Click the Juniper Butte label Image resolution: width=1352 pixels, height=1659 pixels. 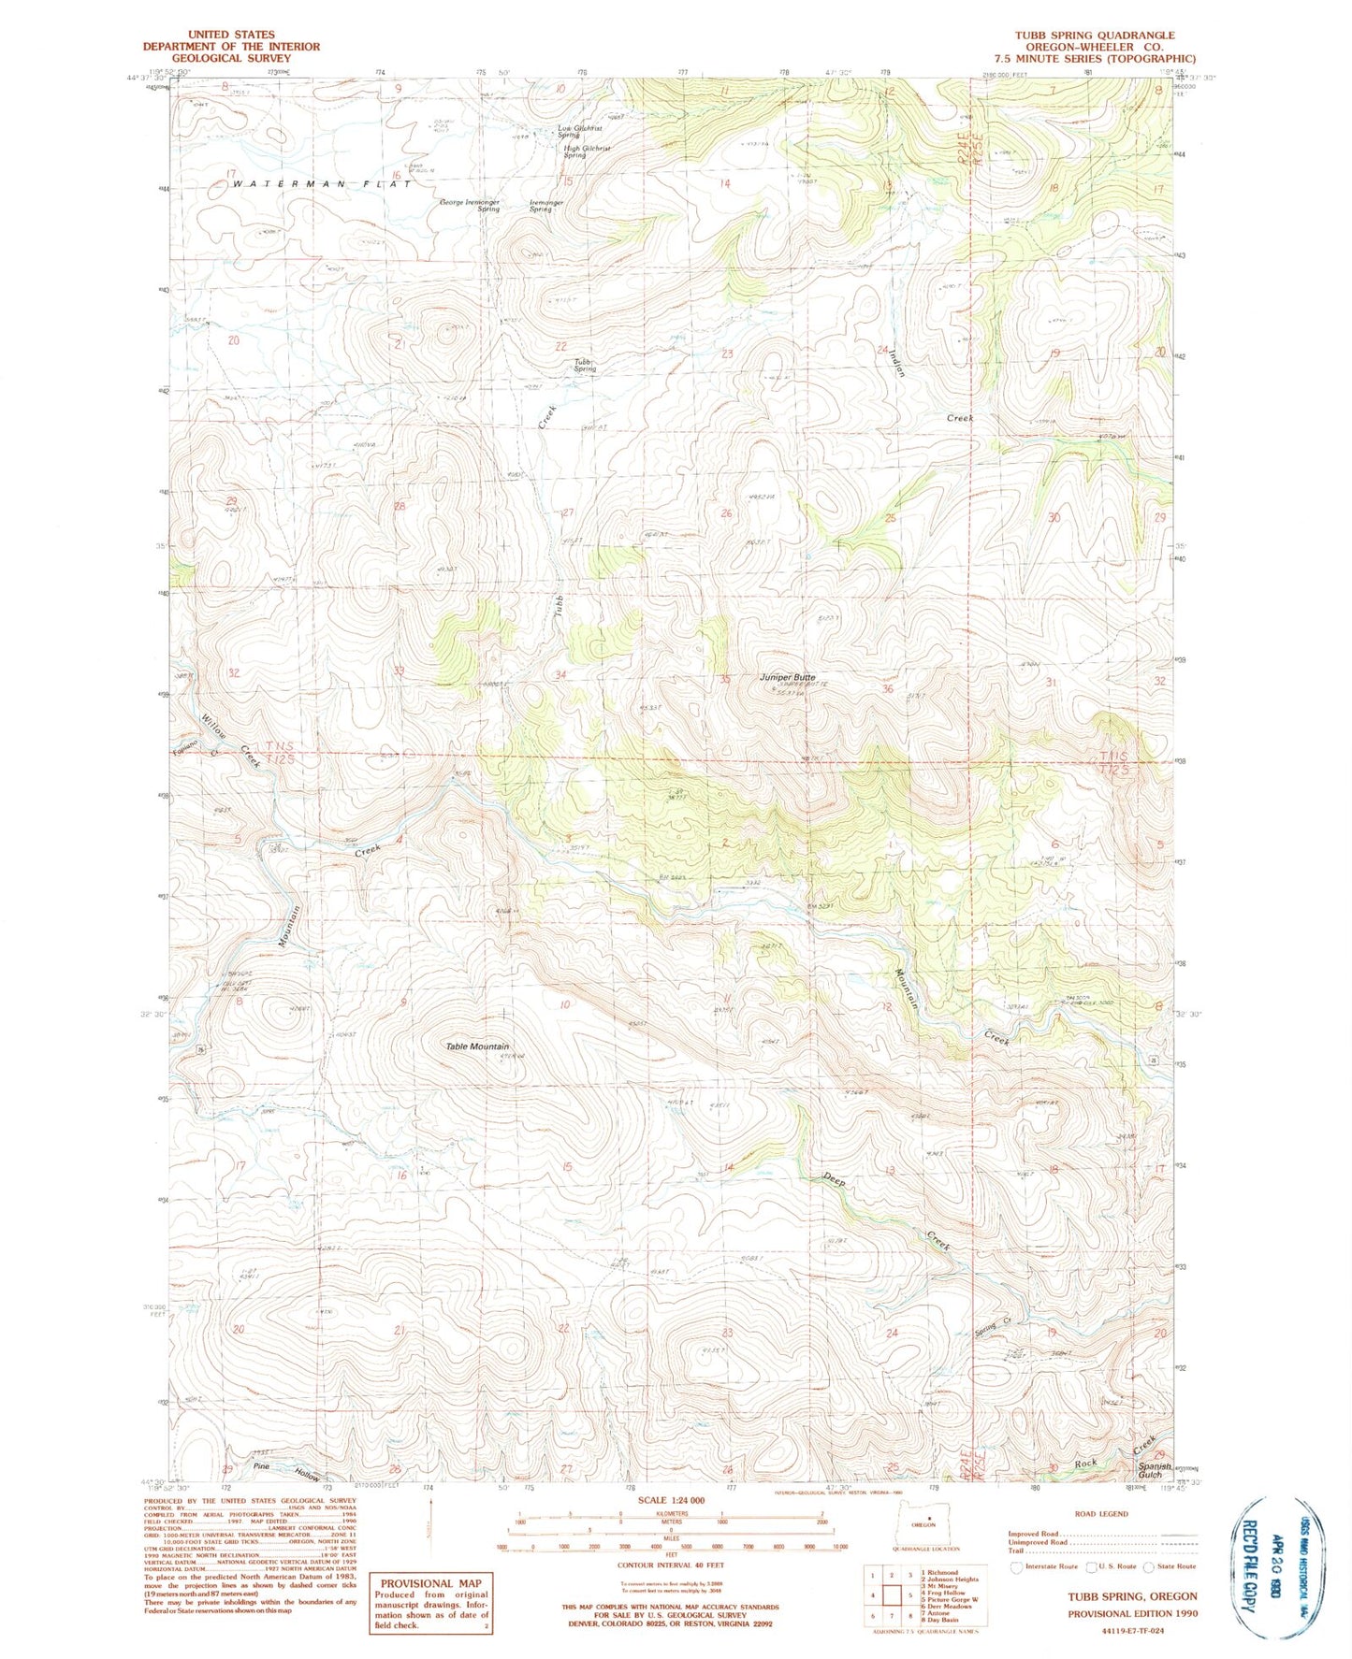[x=787, y=677]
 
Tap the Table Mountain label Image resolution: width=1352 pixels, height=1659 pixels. [x=477, y=1046]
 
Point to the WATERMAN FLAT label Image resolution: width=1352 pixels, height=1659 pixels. [x=321, y=184]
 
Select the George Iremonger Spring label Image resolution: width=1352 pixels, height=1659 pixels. [x=470, y=205]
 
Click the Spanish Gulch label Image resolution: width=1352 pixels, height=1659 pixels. [x=1156, y=1470]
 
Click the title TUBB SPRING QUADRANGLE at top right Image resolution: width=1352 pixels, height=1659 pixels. [x=1108, y=35]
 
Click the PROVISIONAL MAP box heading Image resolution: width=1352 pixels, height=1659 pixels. [x=430, y=1583]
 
